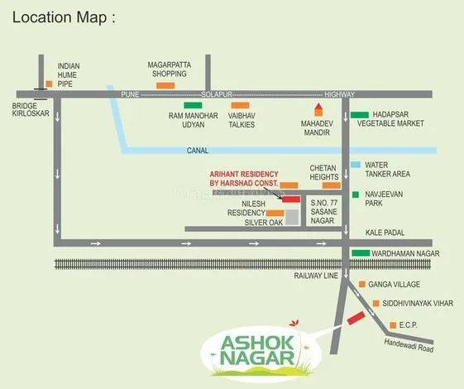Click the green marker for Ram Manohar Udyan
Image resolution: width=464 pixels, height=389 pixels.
[193, 105]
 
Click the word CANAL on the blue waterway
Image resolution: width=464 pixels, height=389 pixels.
[198, 151]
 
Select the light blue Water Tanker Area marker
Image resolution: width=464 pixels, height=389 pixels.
[355, 165]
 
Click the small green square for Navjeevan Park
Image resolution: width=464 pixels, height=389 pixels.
[355, 195]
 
